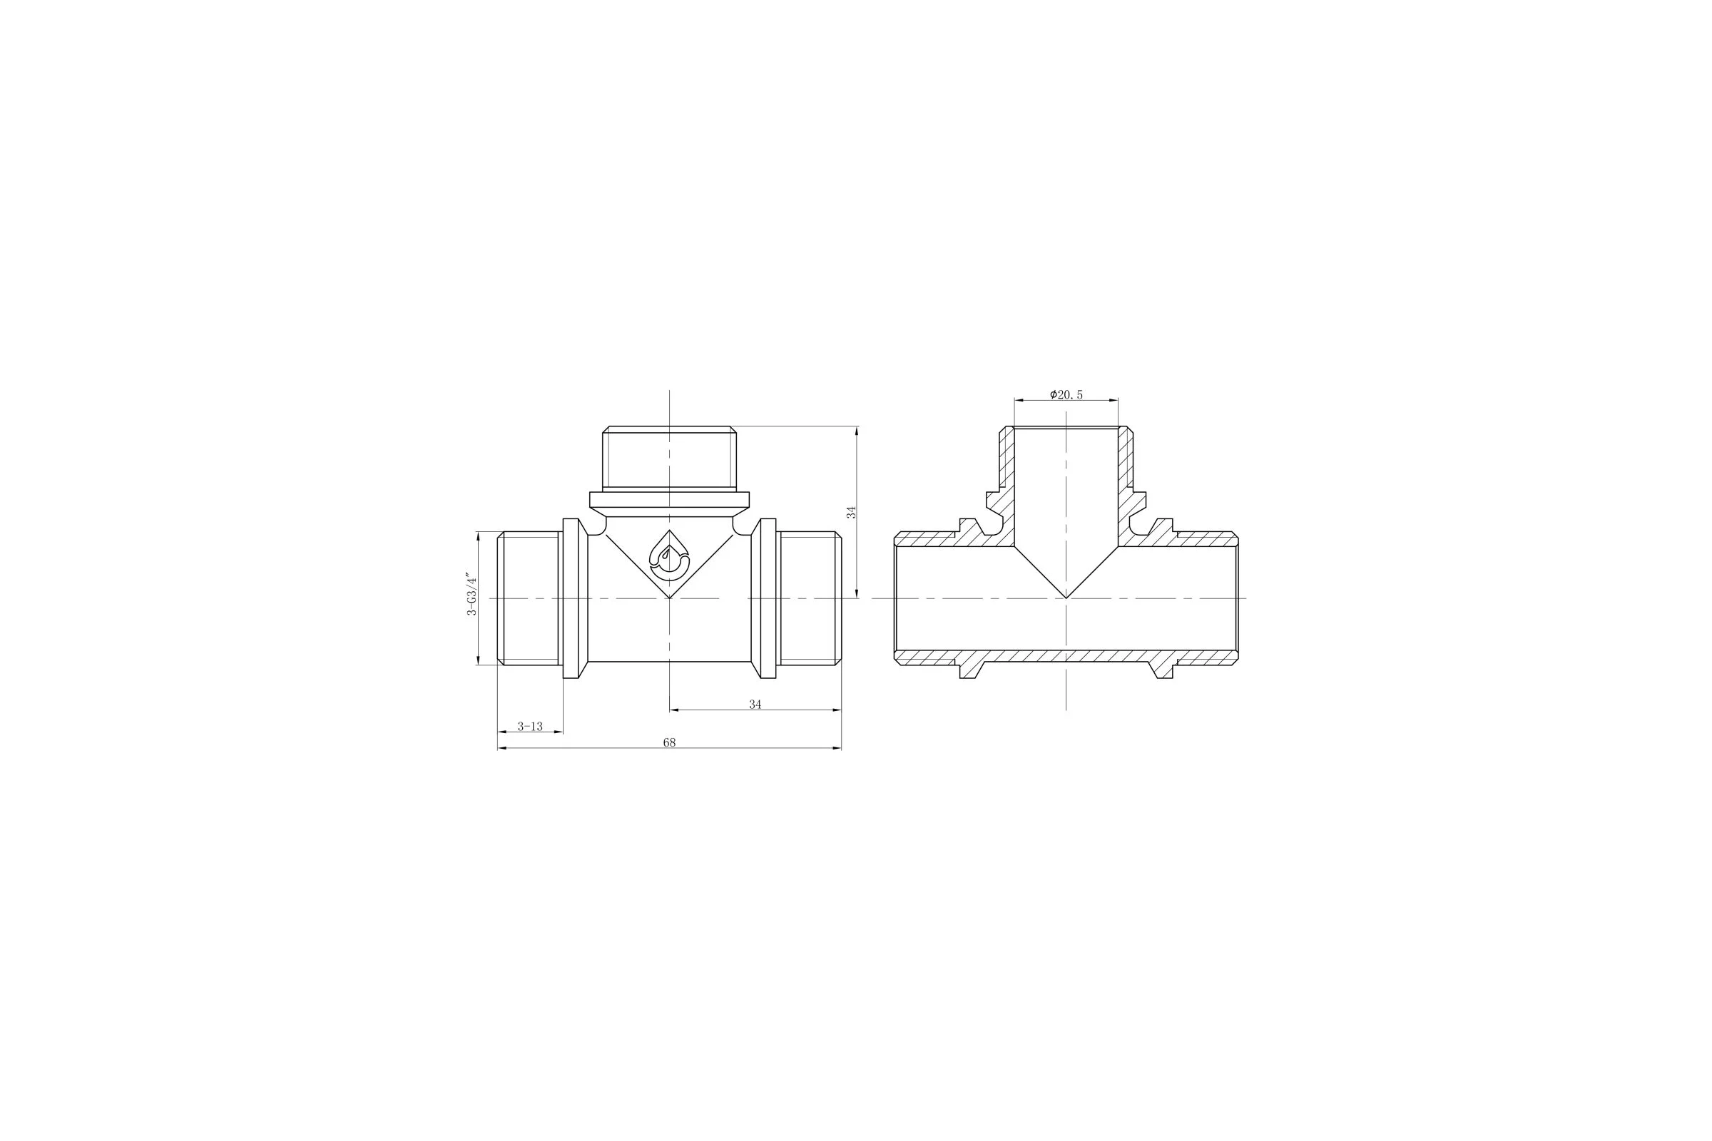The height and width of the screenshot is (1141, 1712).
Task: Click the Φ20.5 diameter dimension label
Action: tap(1066, 394)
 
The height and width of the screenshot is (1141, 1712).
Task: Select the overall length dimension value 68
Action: tap(669, 742)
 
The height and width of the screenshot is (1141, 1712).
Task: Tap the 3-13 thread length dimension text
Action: tap(530, 726)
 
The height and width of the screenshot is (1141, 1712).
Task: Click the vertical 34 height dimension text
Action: tap(851, 512)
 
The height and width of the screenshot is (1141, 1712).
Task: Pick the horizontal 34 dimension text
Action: tap(755, 705)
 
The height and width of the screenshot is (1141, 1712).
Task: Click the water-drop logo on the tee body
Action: tap(669, 556)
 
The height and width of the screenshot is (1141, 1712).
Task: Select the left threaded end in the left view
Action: tap(530, 598)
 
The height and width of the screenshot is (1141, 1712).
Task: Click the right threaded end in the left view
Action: tap(809, 598)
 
